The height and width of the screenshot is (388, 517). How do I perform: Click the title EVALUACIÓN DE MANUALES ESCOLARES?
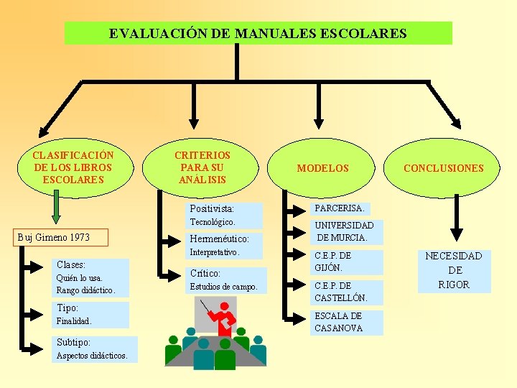click(258, 33)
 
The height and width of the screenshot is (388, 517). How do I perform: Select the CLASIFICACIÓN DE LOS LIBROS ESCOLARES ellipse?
click(73, 167)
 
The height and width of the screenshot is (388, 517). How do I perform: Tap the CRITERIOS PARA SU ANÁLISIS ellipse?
click(202, 167)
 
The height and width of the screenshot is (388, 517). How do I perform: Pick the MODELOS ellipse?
click(322, 168)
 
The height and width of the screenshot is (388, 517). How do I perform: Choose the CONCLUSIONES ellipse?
click(443, 168)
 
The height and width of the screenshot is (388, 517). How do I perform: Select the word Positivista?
click(212, 209)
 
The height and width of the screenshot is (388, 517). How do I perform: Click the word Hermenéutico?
click(219, 239)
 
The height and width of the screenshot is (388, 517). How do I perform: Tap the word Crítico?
click(205, 274)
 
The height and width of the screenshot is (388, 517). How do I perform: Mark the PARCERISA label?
click(339, 208)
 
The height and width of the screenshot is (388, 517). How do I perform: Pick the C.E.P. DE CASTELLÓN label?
click(341, 292)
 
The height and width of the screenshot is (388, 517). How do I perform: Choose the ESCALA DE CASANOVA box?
click(339, 322)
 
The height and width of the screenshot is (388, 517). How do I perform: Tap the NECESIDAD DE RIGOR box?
click(454, 270)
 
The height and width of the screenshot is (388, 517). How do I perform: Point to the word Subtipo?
click(73, 343)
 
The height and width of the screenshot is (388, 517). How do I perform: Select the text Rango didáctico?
click(85, 290)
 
